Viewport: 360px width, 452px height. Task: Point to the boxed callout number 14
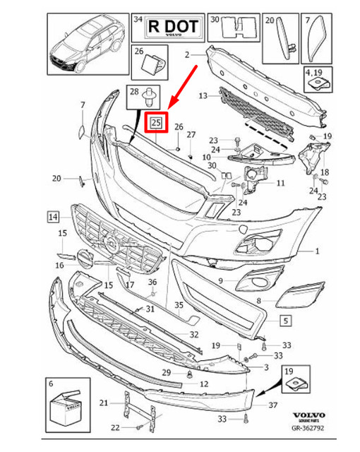[53, 215]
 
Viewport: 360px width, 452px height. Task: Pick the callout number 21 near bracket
[104, 403]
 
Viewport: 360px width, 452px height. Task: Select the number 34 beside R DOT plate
[138, 20]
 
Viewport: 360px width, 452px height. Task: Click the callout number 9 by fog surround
[221, 281]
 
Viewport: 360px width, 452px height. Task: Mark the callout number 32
[193, 334]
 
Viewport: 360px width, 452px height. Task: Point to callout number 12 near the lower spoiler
[203, 384]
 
